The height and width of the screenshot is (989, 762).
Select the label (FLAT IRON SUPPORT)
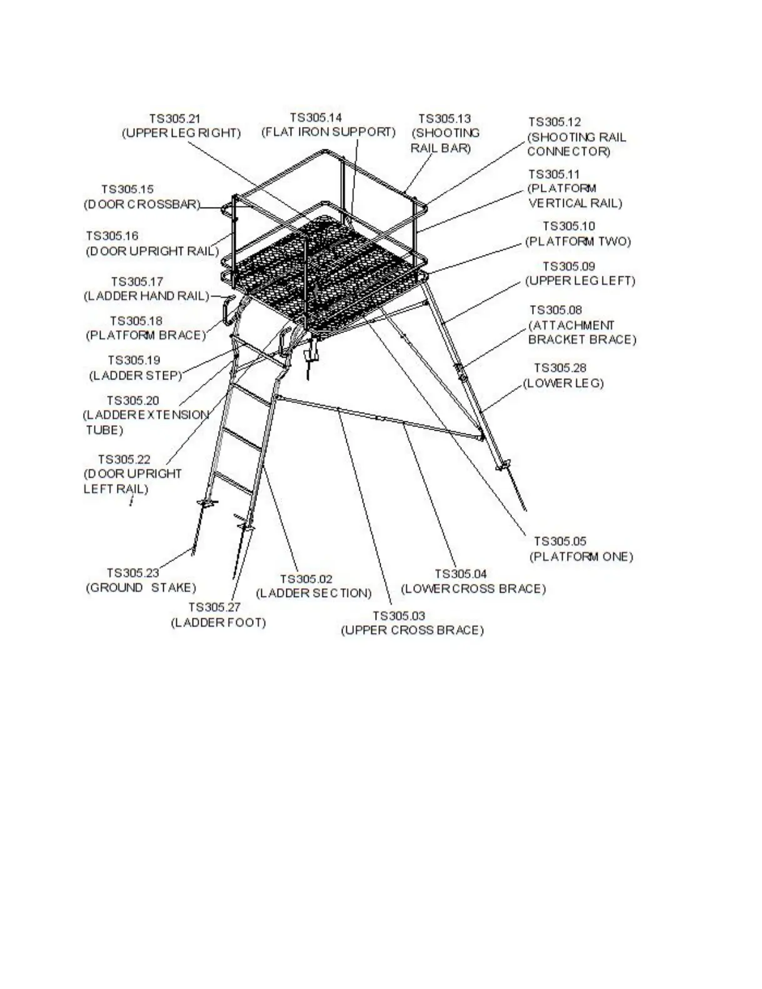(x=328, y=132)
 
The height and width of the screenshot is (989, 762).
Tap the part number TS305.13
(x=444, y=118)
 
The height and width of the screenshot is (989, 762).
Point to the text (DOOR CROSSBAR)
(x=142, y=204)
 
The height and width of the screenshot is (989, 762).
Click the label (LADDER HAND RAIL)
(x=147, y=296)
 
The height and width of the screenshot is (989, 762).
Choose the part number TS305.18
(x=136, y=321)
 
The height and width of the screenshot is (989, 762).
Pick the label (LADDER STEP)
(x=136, y=375)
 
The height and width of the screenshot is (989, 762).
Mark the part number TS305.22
(x=124, y=459)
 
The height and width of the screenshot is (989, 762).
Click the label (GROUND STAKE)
(x=141, y=588)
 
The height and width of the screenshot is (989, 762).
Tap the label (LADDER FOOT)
(x=218, y=623)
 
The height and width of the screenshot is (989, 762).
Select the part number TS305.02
(x=306, y=580)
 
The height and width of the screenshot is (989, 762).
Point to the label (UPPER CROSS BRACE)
(x=412, y=630)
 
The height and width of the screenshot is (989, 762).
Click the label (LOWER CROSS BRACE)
(x=473, y=589)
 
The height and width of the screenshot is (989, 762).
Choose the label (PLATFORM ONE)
(x=581, y=556)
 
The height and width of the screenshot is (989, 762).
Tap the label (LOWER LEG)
(x=563, y=383)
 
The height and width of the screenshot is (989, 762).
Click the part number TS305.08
(x=556, y=310)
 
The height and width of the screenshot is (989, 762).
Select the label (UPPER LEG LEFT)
(x=579, y=281)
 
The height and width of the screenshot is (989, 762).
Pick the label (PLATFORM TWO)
(x=578, y=241)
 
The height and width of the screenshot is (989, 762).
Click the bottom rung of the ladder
(x=233, y=484)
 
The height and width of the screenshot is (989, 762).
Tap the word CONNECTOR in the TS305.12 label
(x=568, y=151)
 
